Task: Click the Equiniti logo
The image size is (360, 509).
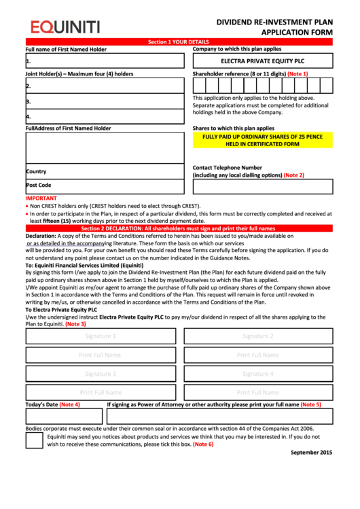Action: coord(65,27)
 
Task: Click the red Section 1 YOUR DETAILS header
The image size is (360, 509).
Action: coord(179,42)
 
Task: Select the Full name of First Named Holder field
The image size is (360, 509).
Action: coord(105,61)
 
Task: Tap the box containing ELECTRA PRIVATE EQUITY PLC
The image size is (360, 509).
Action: coord(263,61)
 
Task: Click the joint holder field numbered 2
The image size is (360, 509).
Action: coord(105,86)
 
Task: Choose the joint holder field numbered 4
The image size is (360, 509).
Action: coord(105,116)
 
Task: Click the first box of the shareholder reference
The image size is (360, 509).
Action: coord(198,86)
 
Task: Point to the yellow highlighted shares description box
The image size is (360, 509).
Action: coord(263,140)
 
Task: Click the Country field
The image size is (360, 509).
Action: coord(105,171)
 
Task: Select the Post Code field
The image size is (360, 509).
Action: coord(105,186)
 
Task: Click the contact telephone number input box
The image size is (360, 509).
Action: coord(263,187)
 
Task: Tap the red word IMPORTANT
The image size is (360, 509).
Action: coord(41,198)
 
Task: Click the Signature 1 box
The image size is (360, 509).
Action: coord(101,336)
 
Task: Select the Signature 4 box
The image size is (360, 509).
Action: coord(258,374)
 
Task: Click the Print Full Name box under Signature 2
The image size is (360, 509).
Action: coord(258,355)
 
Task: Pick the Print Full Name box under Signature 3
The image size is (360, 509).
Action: coord(101,392)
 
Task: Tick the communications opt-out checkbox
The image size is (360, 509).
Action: coord(35,440)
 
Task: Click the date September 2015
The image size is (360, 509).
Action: coord(311,453)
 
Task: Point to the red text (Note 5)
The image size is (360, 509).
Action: coord(310,404)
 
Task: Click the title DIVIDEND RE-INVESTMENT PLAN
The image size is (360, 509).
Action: coord(274,22)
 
